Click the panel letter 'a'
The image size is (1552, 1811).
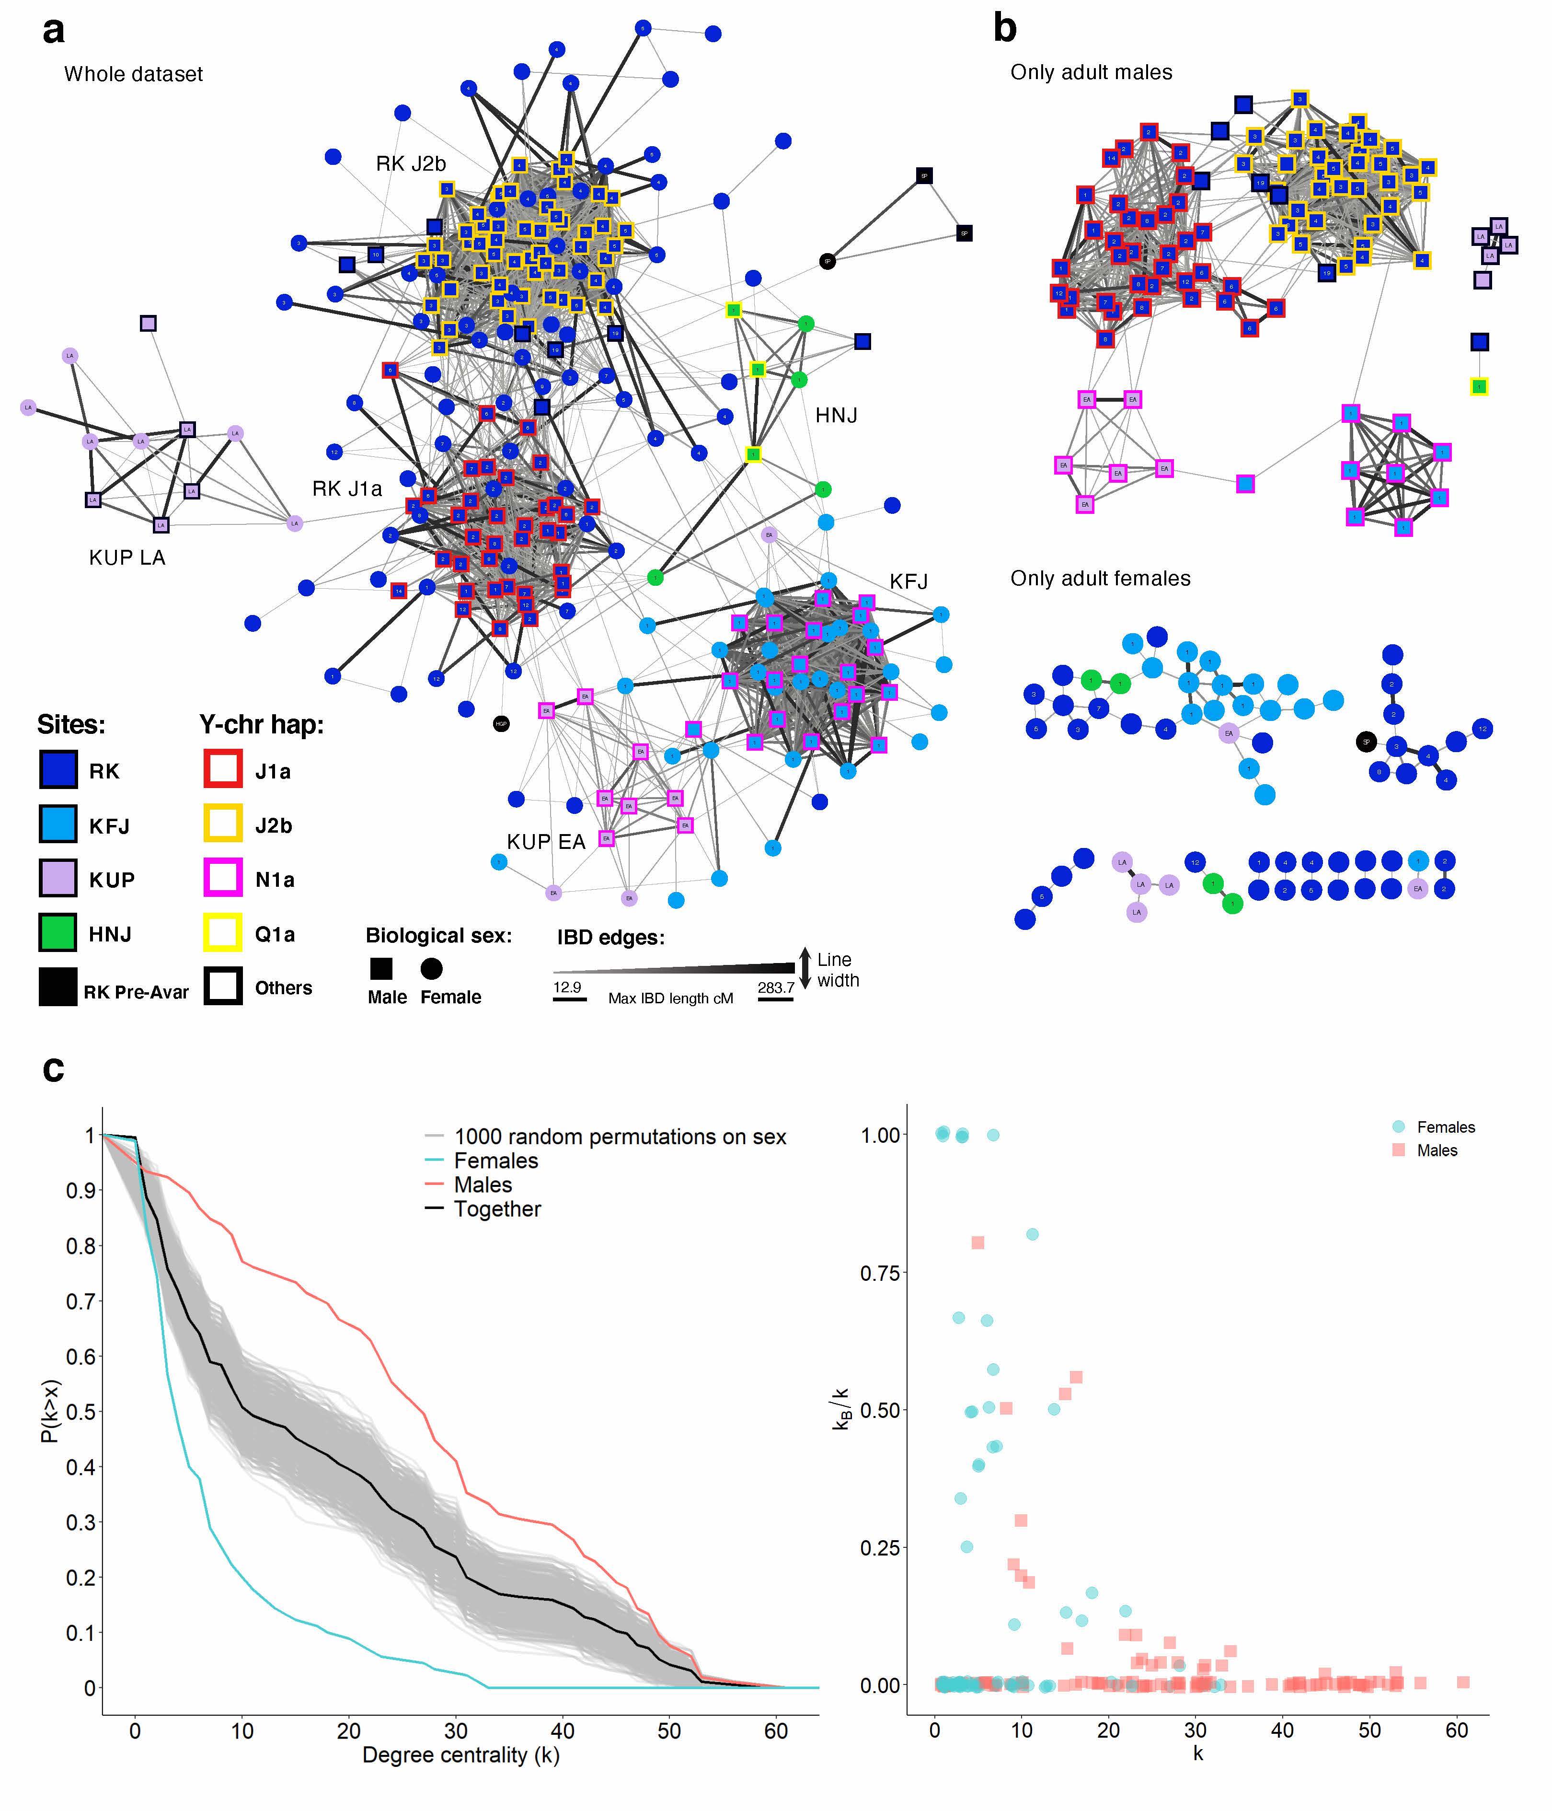tap(53, 32)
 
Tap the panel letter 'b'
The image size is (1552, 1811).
tap(1005, 29)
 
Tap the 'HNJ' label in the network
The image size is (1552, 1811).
tap(836, 416)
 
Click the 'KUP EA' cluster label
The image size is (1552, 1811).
tap(546, 842)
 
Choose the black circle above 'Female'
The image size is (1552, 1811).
tap(432, 968)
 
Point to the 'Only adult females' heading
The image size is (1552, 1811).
tap(1100, 579)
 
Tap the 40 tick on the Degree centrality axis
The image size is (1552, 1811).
tap(563, 1730)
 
